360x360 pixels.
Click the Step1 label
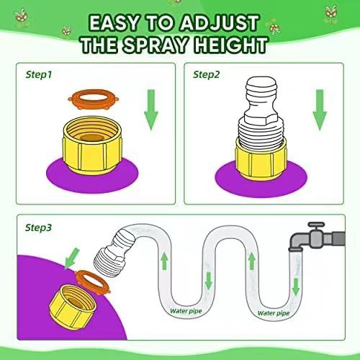point(39,75)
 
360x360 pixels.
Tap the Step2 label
point(207,75)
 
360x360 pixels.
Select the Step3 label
point(38,228)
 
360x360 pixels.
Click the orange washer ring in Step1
point(93,99)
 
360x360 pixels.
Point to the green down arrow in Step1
point(150,110)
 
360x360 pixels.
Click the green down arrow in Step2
point(320,110)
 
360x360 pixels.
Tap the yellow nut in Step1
point(92,145)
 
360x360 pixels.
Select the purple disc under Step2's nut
point(261,179)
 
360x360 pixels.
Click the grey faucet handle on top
point(316,225)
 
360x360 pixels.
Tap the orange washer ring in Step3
point(93,282)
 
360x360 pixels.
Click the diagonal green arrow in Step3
point(71,258)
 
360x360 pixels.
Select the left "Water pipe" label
point(186,311)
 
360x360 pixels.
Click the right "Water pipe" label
point(274,313)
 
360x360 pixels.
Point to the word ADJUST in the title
point(219,23)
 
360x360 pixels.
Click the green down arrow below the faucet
point(296,287)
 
